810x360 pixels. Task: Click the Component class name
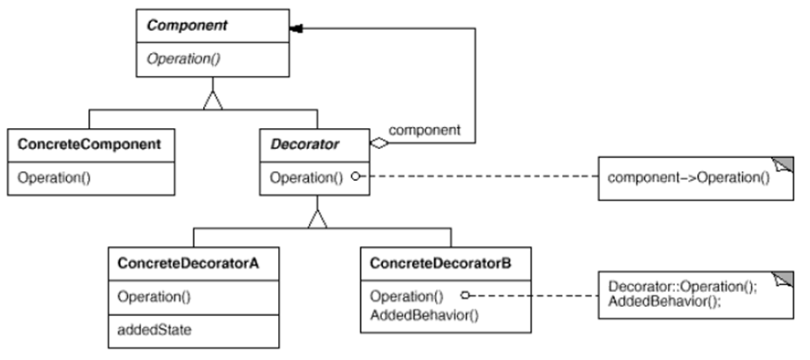point(187,26)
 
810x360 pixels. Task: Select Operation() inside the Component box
point(184,59)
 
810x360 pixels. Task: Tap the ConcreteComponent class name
point(89,144)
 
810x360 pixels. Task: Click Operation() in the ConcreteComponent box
point(54,177)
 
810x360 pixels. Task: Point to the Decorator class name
point(304,144)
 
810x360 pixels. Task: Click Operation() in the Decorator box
point(306,177)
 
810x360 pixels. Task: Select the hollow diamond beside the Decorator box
point(379,143)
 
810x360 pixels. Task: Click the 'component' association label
point(424,131)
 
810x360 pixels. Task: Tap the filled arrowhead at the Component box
point(296,29)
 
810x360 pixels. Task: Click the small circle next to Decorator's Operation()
point(356,176)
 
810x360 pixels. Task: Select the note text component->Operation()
point(688,177)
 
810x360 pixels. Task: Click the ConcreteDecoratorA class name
point(188,264)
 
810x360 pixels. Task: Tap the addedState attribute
point(154,329)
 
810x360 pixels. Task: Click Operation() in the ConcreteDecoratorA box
point(154,297)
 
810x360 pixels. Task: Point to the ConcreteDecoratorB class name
point(440,264)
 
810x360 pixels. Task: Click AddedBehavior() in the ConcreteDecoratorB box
point(424,314)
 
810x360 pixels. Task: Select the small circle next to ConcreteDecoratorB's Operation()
point(465,295)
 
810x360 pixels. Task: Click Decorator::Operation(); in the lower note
point(682,287)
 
